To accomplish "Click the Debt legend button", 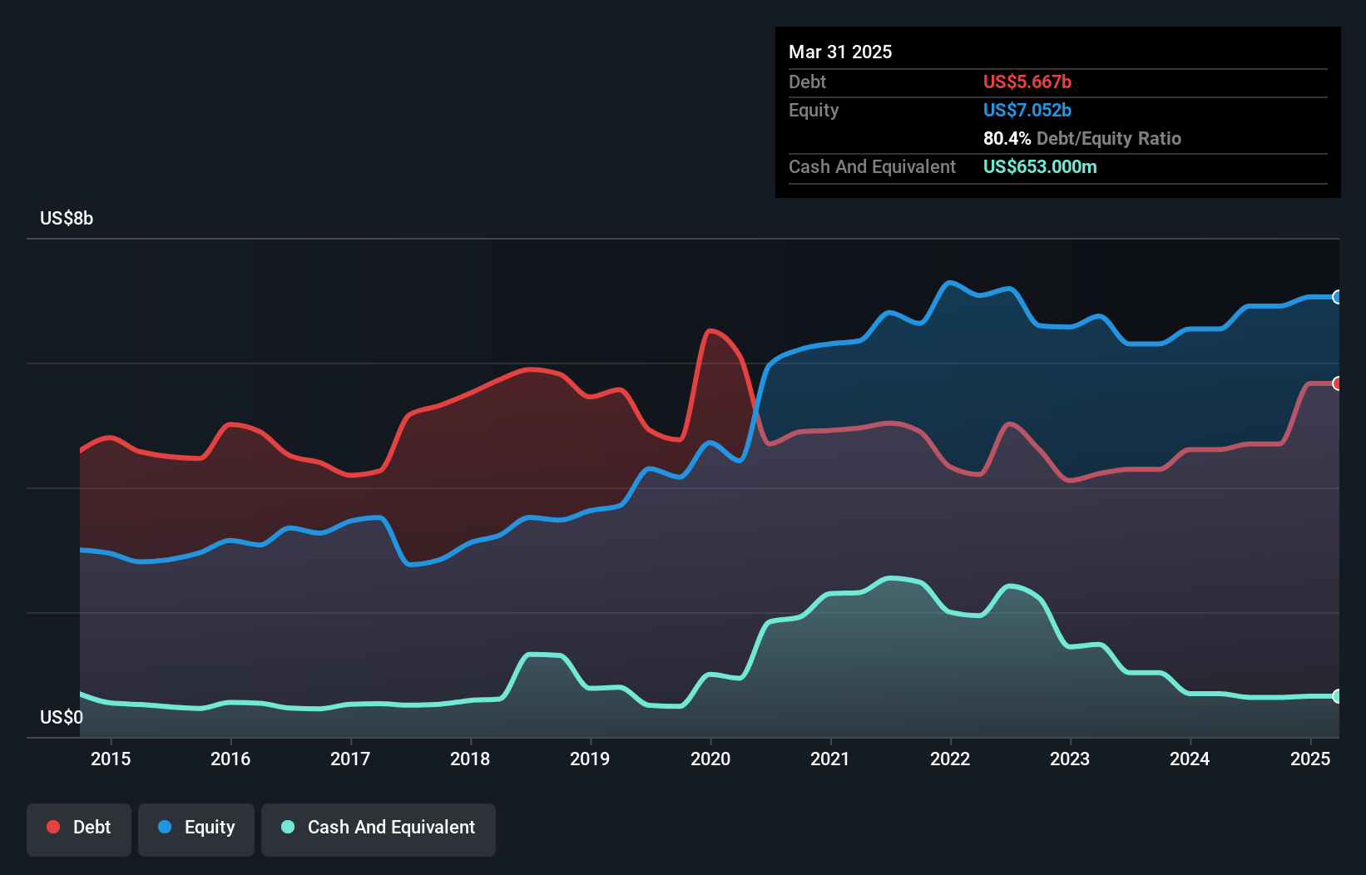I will [x=78, y=828].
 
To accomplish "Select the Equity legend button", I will [x=196, y=828].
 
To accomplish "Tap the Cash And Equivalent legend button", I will [x=379, y=828].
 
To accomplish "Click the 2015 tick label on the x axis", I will [x=111, y=759].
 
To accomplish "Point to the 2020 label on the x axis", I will [x=710, y=759].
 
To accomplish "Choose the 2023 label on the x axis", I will [x=1070, y=759].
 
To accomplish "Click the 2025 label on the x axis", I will [x=1309, y=759].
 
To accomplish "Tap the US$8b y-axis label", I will [x=67, y=219].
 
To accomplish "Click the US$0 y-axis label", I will [x=62, y=717].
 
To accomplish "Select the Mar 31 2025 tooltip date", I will [x=840, y=52].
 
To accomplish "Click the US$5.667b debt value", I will [x=1027, y=82].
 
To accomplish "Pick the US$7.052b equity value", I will [x=1027, y=111].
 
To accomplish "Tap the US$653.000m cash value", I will [x=1039, y=167].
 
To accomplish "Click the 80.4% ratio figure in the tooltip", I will [x=1007, y=139].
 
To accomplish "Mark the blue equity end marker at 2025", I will [x=1337, y=297].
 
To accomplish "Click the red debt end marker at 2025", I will [x=1337, y=383].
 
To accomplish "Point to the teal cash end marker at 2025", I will [x=1337, y=696].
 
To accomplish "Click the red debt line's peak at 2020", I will [x=709, y=331].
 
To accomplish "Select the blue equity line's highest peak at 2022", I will [x=949, y=283].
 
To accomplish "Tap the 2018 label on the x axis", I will [x=470, y=759].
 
